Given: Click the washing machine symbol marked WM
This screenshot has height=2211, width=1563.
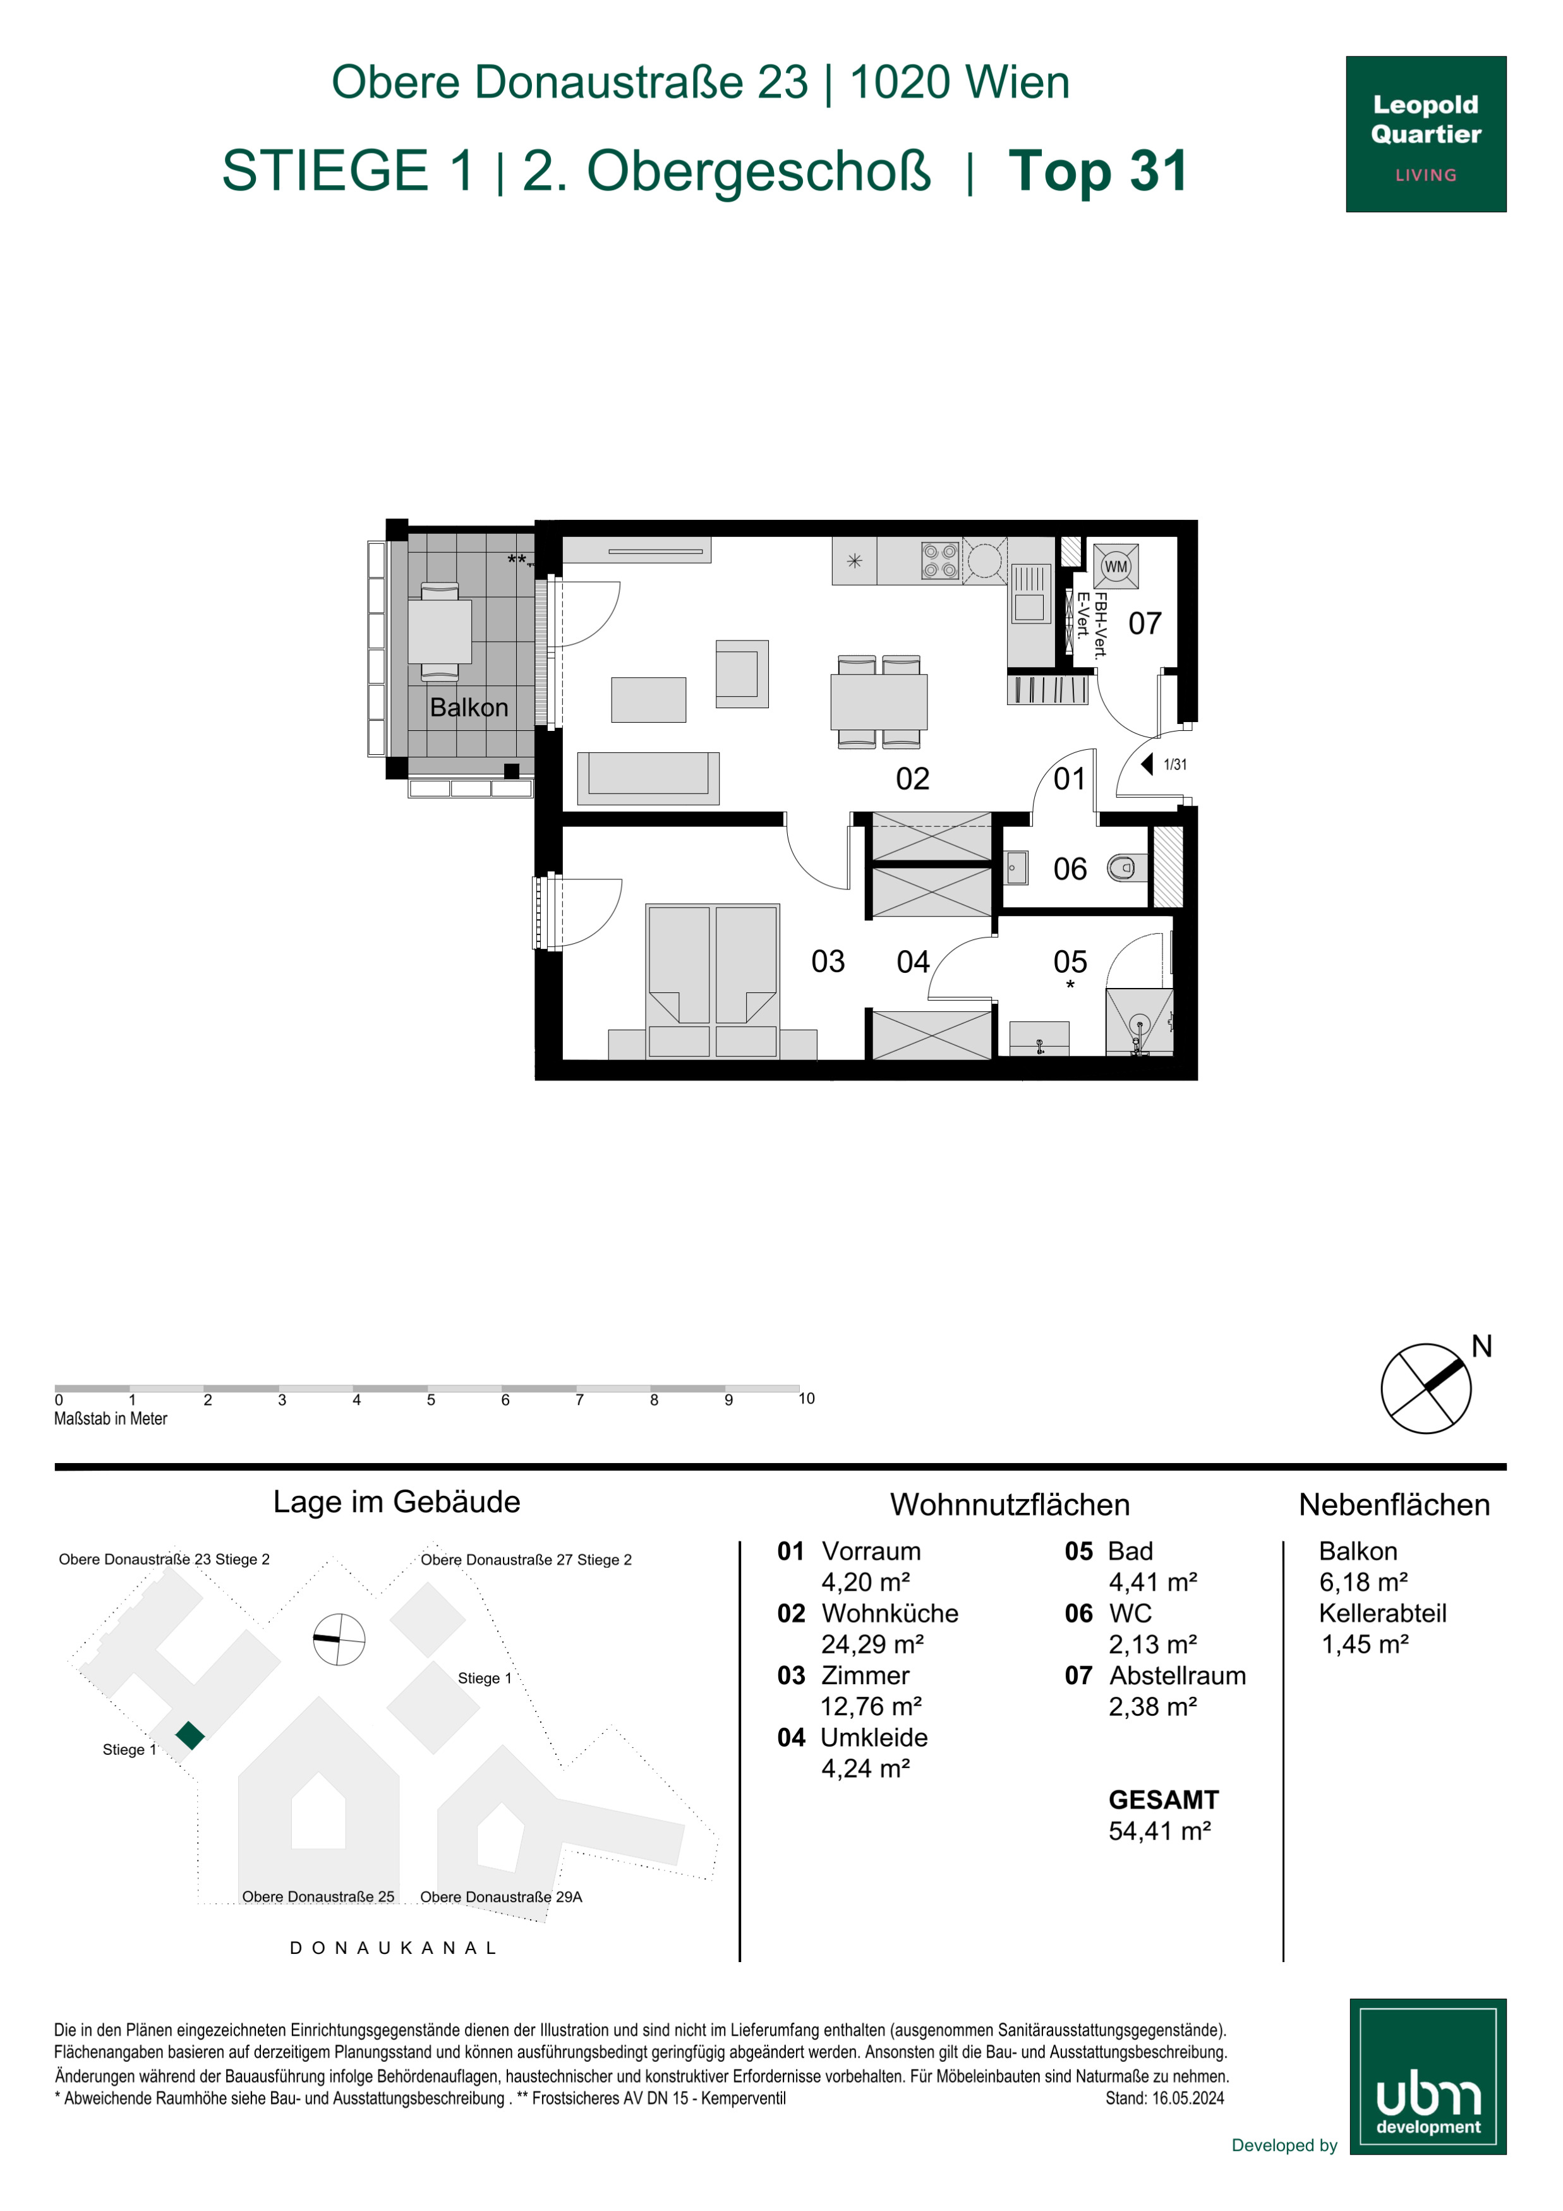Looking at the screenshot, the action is [x=1116, y=566].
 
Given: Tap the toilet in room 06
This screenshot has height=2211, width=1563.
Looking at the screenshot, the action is [x=1126, y=867].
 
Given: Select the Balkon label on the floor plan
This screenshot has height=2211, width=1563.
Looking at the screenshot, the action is [x=469, y=708].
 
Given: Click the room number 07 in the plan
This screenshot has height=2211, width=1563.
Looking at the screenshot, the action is [x=1145, y=624].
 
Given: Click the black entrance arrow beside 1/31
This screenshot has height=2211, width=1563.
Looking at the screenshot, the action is [x=1147, y=764].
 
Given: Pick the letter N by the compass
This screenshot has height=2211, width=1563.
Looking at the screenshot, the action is [x=1481, y=1346].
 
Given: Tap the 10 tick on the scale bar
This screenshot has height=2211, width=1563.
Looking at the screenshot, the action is [x=806, y=1398].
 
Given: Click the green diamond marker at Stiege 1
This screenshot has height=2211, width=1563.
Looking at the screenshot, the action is [x=191, y=1735].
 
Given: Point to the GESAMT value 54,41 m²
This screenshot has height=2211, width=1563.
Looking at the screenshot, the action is [x=1159, y=1831].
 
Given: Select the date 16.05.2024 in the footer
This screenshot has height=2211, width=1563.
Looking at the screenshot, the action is [x=1188, y=2099].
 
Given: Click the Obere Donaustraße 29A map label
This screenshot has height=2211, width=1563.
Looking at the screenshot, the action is [x=501, y=1897].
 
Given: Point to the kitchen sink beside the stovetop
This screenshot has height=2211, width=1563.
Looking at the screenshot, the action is [x=1030, y=593].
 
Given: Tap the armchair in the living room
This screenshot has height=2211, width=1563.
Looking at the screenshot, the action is [x=742, y=673].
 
